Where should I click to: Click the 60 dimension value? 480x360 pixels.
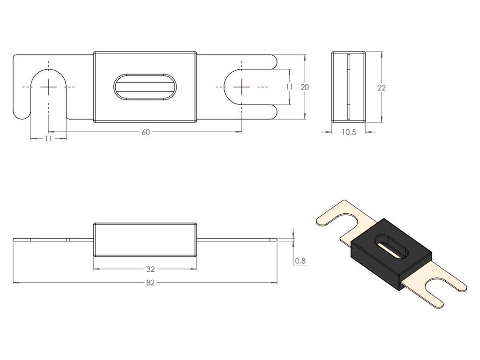click(x=145, y=132)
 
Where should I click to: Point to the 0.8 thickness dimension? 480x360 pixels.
click(x=300, y=261)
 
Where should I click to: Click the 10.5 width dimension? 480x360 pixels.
click(x=349, y=132)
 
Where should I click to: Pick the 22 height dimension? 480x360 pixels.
click(x=382, y=87)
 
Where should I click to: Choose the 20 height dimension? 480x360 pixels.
click(x=305, y=87)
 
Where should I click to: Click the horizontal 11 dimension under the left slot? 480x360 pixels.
click(x=48, y=139)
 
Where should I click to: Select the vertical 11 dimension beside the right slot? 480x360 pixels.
click(x=289, y=87)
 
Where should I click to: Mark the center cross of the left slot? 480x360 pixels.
click(x=48, y=87)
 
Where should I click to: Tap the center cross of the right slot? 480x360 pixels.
click(x=242, y=87)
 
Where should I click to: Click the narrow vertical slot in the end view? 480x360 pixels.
click(x=348, y=87)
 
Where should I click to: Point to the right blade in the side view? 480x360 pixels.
click(x=237, y=240)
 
